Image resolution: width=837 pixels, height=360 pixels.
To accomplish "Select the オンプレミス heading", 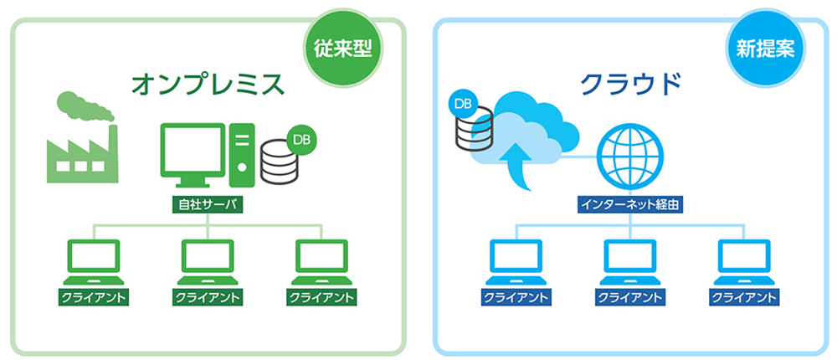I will (x=208, y=85).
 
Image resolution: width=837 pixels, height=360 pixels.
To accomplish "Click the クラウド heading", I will (x=630, y=85).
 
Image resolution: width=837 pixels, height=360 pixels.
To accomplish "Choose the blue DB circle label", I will (x=461, y=104).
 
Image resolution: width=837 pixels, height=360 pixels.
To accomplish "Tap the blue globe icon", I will (x=629, y=159).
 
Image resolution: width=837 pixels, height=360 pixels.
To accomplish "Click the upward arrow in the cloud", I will (x=516, y=163).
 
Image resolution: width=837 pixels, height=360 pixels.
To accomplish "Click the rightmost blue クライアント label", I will (x=744, y=297).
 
